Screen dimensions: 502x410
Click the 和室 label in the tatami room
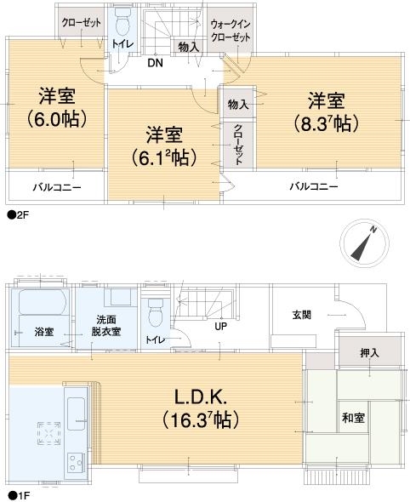coord(353,418)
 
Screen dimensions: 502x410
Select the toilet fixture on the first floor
coord(155,315)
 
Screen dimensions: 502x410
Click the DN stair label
coord(155,63)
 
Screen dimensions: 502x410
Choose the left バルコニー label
coord(57,185)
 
